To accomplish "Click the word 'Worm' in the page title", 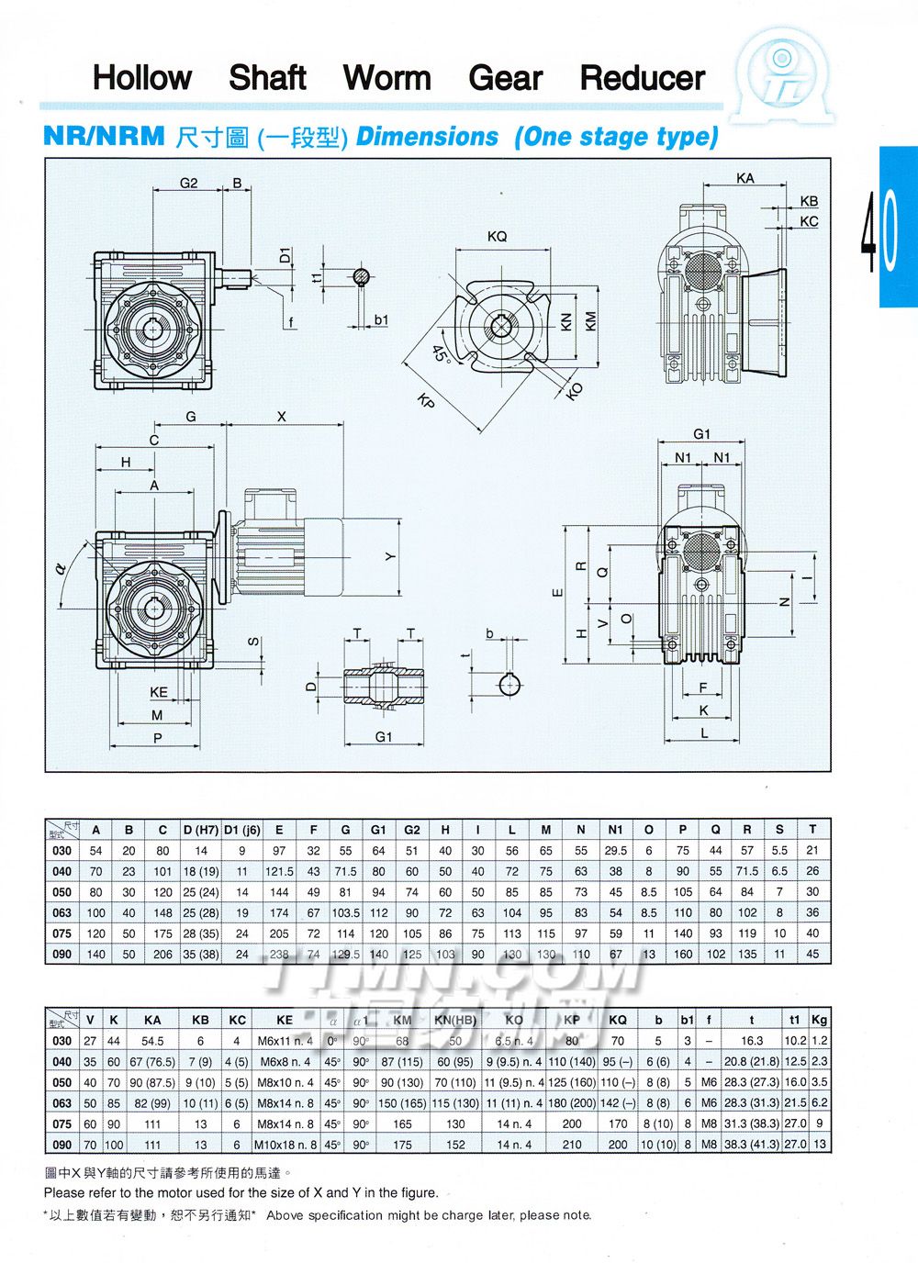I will (x=386, y=78).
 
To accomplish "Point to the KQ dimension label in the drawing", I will (x=497, y=237).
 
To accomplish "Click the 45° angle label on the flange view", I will (x=441, y=353).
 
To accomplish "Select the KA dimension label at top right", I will (x=745, y=178).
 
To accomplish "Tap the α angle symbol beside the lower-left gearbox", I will (x=61, y=569).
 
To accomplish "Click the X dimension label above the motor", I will (x=282, y=417).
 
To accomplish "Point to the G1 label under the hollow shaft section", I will (x=384, y=736).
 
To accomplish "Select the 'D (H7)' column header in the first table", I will (x=201, y=830).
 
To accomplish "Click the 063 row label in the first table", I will (x=62, y=912).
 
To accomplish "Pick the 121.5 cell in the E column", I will (x=279, y=871).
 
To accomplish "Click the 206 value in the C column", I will (x=162, y=954).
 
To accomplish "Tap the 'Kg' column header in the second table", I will (x=820, y=1020).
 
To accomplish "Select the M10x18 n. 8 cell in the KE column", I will (x=285, y=1145).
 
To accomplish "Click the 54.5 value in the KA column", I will (x=153, y=1041).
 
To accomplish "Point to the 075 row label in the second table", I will (x=62, y=1123).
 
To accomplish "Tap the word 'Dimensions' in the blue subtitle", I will (x=427, y=137).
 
